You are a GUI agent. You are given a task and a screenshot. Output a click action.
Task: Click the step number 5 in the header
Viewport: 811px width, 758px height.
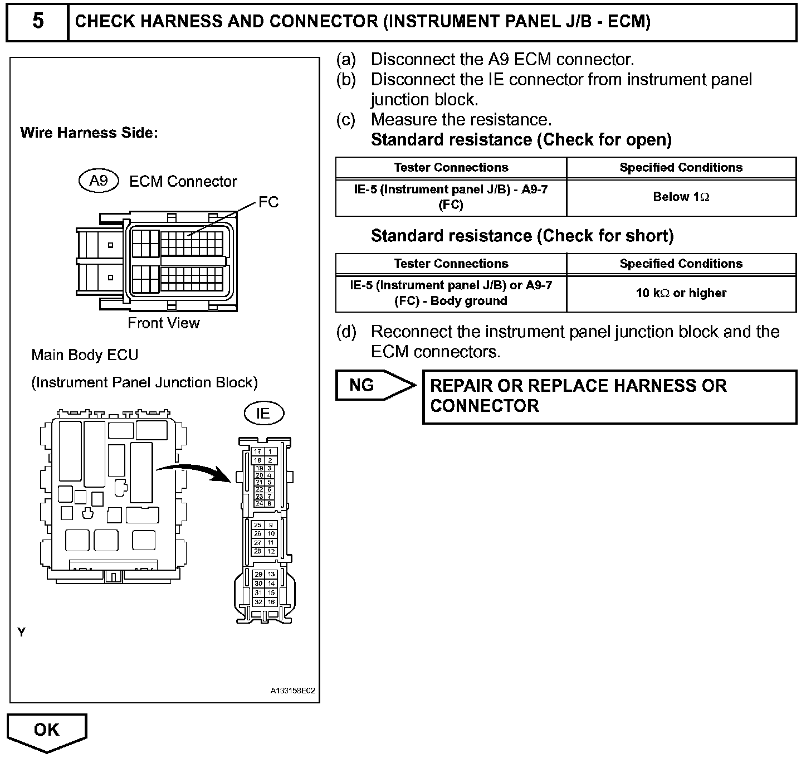coord(37,21)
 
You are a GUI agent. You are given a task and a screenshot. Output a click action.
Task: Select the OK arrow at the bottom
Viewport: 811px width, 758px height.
coord(46,730)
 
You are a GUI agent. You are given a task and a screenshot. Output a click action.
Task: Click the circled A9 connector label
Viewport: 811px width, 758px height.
coord(99,181)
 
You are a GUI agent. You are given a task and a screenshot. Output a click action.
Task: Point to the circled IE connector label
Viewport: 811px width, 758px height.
coord(263,413)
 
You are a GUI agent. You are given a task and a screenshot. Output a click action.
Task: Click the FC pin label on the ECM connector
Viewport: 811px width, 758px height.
coord(268,202)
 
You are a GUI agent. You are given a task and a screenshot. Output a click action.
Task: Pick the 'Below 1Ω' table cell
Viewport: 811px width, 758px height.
coord(681,197)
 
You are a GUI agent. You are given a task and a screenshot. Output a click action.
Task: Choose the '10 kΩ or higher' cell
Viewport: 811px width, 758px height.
coord(681,293)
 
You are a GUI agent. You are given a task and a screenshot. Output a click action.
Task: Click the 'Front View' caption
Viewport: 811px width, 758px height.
coord(163,323)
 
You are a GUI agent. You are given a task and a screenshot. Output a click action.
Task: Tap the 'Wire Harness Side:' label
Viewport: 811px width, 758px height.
coord(89,133)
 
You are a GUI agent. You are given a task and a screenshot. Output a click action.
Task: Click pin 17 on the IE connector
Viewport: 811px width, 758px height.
coord(258,452)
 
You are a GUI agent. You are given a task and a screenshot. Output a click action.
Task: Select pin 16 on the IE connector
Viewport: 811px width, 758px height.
coord(271,602)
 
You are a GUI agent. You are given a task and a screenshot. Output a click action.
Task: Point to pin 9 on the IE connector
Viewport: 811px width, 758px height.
coord(271,525)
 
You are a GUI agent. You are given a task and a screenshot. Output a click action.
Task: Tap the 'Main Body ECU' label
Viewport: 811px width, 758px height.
coord(85,355)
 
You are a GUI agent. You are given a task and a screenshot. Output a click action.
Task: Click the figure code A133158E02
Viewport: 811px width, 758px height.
coord(292,691)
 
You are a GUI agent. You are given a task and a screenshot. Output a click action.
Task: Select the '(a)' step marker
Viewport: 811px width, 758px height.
coord(346,59)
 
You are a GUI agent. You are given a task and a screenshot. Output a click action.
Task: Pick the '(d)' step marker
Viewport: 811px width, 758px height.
coord(346,332)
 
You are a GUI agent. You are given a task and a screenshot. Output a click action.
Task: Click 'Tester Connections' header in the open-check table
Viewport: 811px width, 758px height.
coord(451,168)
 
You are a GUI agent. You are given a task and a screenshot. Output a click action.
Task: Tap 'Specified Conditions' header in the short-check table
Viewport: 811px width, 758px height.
coord(681,264)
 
